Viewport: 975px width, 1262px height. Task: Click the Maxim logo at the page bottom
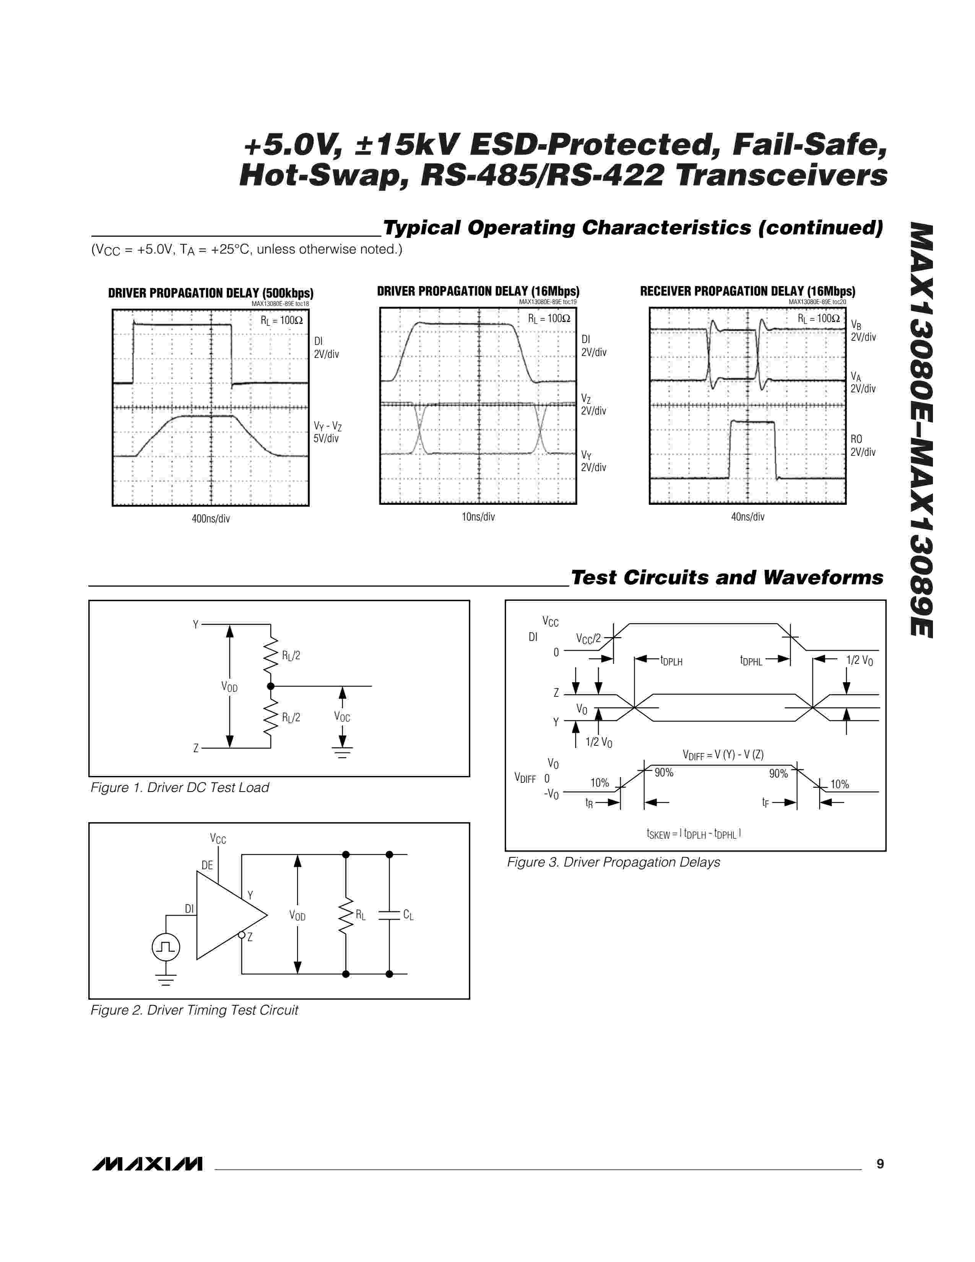[147, 1164]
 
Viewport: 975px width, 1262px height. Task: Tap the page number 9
[880, 1164]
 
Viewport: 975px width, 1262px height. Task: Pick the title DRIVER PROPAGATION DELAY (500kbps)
[211, 293]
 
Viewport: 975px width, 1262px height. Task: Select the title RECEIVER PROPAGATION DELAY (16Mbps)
[747, 291]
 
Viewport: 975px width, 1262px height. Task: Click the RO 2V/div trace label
[862, 446]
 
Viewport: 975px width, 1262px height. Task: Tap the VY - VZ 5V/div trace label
[327, 432]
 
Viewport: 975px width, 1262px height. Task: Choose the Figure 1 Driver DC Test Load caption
[180, 787]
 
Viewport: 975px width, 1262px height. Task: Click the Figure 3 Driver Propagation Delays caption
[613, 862]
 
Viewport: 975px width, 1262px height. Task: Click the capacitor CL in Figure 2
[389, 915]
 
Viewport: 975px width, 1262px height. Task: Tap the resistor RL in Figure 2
[346, 915]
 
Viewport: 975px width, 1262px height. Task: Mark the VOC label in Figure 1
[342, 717]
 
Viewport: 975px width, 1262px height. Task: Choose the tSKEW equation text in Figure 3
[694, 834]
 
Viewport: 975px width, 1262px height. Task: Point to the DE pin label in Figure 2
[207, 865]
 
